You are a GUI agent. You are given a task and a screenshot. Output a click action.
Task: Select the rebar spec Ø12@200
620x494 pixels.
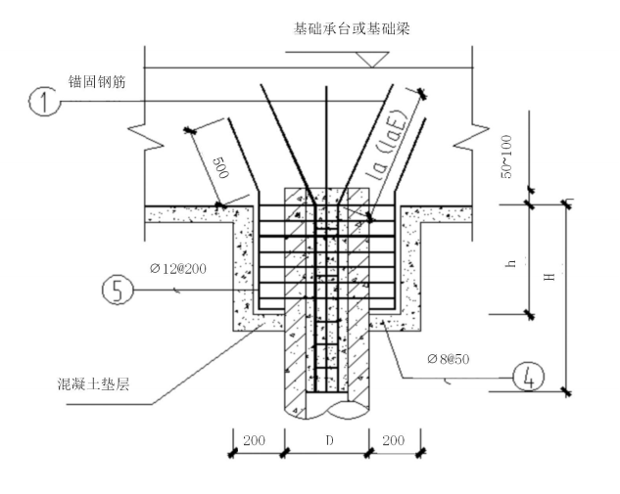point(179,268)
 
